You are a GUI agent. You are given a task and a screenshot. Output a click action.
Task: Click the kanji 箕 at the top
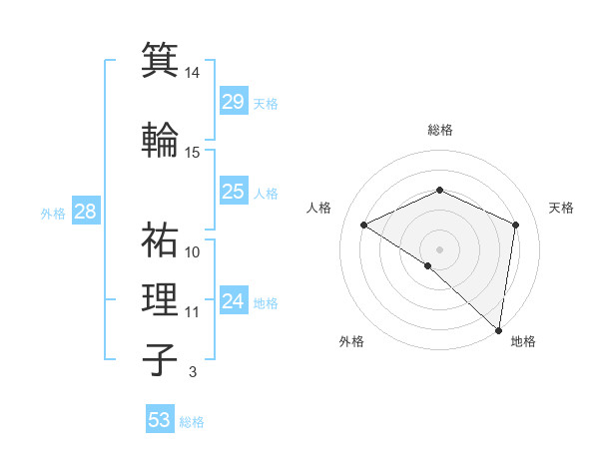point(160,60)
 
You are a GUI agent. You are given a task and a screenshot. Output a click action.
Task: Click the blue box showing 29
point(234,102)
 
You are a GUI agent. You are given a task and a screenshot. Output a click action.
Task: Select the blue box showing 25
point(234,192)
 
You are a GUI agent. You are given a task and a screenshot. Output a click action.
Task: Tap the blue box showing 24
point(234,301)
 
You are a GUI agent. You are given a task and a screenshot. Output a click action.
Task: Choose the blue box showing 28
point(85,212)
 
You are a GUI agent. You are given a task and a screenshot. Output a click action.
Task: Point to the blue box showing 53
point(160,420)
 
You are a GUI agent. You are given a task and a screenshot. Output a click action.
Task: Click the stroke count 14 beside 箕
point(193,73)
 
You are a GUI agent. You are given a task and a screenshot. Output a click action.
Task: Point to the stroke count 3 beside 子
point(192,372)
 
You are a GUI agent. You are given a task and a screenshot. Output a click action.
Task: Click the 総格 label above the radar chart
point(439,130)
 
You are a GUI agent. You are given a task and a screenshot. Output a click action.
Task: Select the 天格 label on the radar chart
point(561,208)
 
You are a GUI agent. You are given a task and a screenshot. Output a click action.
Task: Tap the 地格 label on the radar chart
point(523,341)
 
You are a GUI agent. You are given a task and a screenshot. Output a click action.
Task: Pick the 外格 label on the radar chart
point(351,341)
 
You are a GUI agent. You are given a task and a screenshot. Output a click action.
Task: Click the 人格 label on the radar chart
point(319,208)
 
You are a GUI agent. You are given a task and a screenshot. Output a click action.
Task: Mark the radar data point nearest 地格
point(499,329)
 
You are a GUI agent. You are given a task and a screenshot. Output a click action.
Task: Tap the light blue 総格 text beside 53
point(192,422)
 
